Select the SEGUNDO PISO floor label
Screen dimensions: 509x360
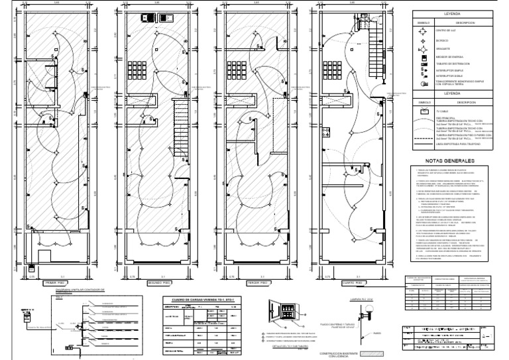(x=154, y=282)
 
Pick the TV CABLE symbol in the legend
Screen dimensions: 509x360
(x=425, y=112)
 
